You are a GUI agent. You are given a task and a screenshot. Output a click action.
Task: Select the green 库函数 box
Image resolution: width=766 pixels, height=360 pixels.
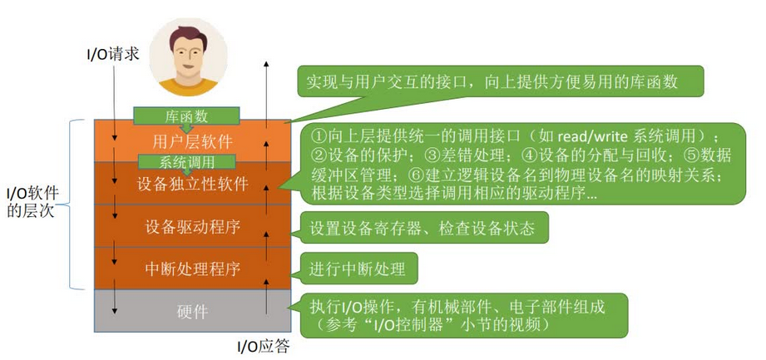pyautogui.click(x=187, y=116)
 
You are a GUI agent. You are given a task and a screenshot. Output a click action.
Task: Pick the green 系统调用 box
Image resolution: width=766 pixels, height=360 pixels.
pyautogui.click(x=187, y=161)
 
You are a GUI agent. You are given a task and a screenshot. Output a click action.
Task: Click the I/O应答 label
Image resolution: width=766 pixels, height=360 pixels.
pyautogui.click(x=264, y=346)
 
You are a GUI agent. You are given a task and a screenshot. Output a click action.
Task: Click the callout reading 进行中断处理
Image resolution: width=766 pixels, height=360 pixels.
pyautogui.click(x=358, y=269)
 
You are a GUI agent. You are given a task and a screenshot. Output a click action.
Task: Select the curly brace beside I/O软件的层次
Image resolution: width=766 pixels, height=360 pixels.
pyautogui.click(x=77, y=204)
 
